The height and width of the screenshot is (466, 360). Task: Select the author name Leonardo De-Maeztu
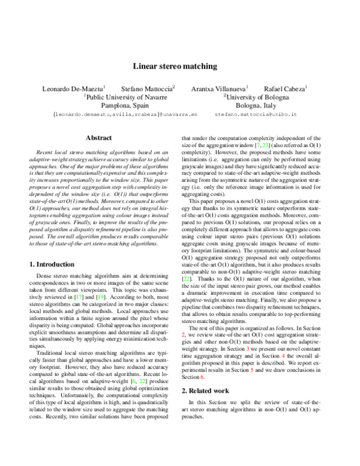pos(73,88)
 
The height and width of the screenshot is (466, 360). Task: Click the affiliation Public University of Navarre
pos(125,96)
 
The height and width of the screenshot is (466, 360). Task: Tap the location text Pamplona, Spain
pos(125,104)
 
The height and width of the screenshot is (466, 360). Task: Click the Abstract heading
pos(99,138)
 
